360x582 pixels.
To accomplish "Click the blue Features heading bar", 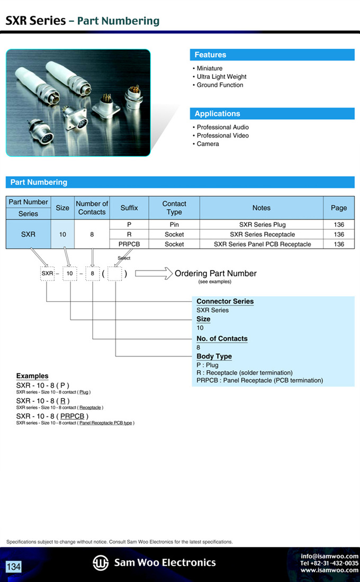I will pyautogui.click(x=272, y=55).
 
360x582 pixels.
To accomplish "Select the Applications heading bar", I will pyautogui.click(x=272, y=114).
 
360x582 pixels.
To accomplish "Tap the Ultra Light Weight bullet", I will pyautogui.click(x=221, y=77).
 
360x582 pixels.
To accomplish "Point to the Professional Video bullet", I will pyautogui.click(x=222, y=136).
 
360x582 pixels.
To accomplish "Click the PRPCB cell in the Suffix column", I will pyautogui.click(x=129, y=244).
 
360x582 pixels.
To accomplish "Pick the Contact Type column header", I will pyautogui.click(x=174, y=208).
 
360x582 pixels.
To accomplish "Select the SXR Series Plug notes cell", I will pyautogui.click(x=262, y=225).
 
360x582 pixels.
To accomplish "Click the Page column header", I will pyautogui.click(x=339, y=208).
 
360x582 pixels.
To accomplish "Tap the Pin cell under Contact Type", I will pyautogui.click(x=174, y=225).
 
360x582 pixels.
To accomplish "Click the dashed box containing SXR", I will pyautogui.click(x=48, y=274).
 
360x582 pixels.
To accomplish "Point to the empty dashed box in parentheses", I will pyautogui.click(x=115, y=274).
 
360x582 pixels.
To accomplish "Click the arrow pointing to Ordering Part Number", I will pyautogui.click(x=154, y=274).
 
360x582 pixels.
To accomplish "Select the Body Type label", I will pyautogui.click(x=214, y=356).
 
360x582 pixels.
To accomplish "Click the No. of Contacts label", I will pyautogui.click(x=222, y=338).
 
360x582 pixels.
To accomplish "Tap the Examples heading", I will pyautogui.click(x=32, y=376).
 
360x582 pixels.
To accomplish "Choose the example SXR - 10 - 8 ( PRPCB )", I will pyautogui.click(x=52, y=416).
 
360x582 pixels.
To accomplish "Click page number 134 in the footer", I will pyautogui.click(x=13, y=567).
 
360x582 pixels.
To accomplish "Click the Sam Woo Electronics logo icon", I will pyautogui.click(x=101, y=562).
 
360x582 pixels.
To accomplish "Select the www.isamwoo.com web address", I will pyautogui.click(x=329, y=570).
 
